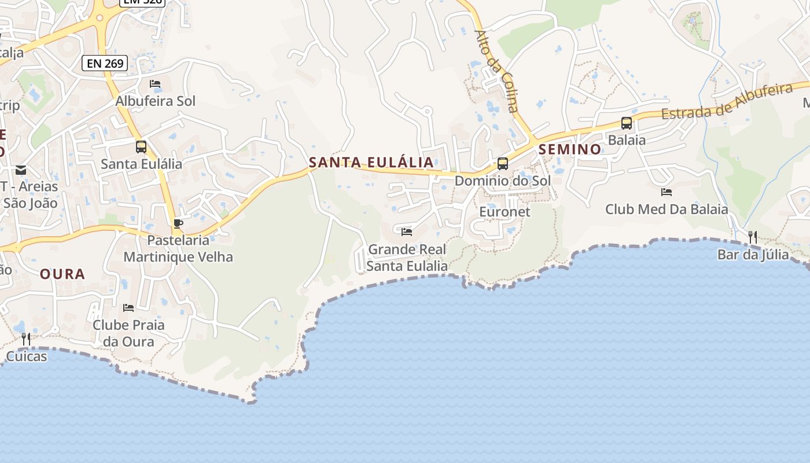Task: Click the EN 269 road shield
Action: (104, 63)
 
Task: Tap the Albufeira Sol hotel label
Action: (156, 101)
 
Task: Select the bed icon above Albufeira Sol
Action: (155, 84)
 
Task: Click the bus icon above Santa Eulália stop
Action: (141, 146)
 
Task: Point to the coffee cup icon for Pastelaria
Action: (178, 223)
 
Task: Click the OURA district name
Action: (62, 274)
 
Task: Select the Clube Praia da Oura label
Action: (128, 333)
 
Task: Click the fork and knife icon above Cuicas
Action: (26, 339)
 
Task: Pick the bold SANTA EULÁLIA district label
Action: (371, 162)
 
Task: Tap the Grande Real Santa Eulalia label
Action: (407, 258)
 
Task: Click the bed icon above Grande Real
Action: (407, 232)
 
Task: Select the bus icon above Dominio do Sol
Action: (503, 163)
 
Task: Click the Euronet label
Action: (505, 211)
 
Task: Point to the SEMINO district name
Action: (570, 149)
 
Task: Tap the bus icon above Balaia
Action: (627, 123)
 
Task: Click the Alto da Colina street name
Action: (496, 71)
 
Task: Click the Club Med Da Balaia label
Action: (667, 209)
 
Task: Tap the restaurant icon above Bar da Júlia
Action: (753, 237)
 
